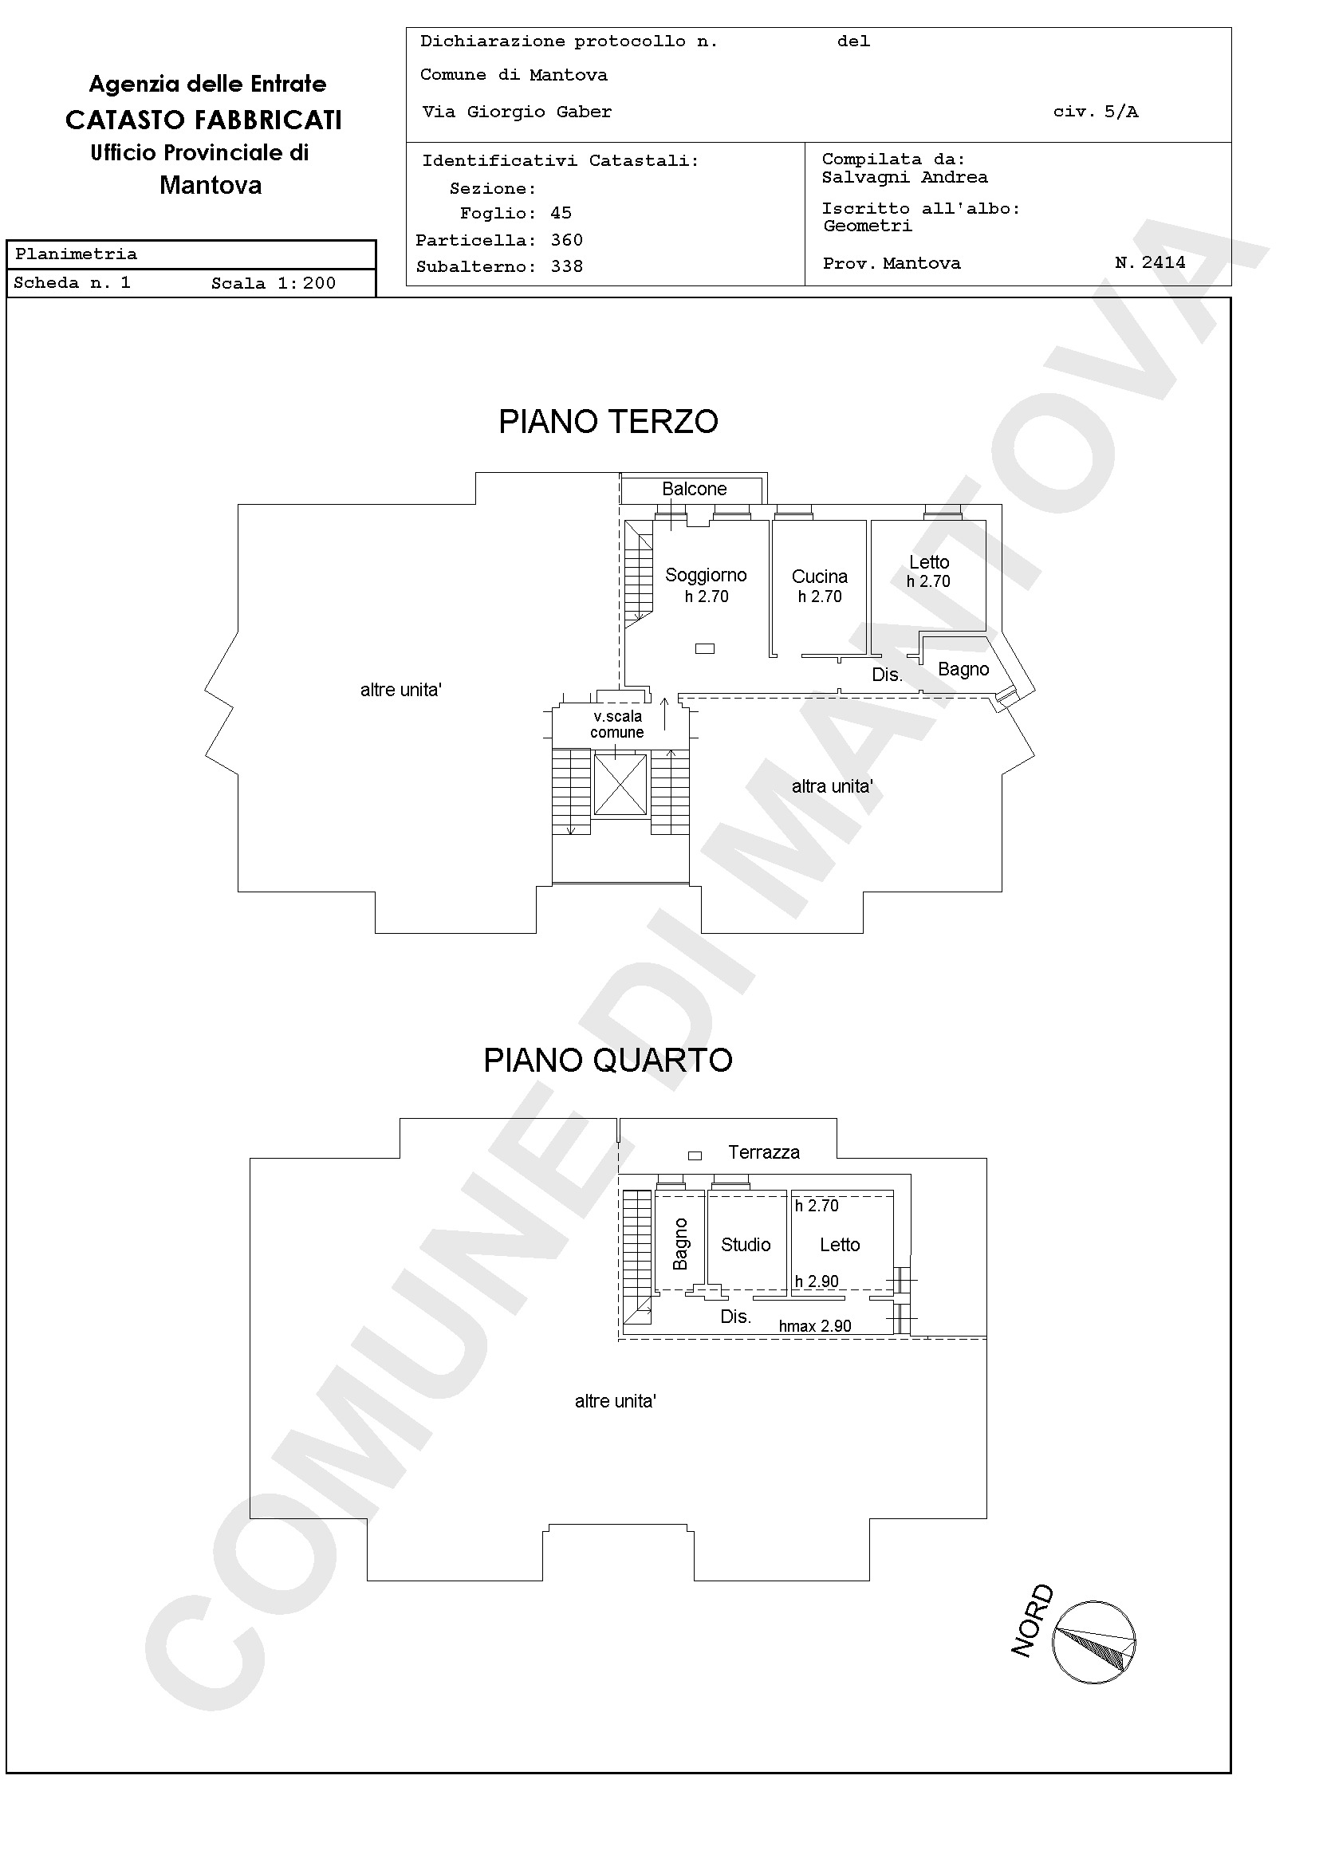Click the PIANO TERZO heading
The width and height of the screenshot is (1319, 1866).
tap(608, 422)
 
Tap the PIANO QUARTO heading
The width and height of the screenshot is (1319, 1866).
tap(608, 1061)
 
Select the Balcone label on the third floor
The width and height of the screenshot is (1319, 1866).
tap(694, 490)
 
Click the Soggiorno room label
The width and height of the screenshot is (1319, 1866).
tap(706, 576)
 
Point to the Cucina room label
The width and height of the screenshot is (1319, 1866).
tap(819, 577)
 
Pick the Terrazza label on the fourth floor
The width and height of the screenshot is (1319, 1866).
tap(764, 1152)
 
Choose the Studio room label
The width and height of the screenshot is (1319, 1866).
tap(746, 1245)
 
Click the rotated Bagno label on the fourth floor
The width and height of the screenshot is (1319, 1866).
tap(680, 1244)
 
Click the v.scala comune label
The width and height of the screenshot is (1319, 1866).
tap(618, 724)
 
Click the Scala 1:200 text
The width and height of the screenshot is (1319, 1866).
tap(273, 284)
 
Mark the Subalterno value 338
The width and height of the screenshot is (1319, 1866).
tap(566, 266)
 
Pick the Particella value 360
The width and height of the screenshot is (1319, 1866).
tap(566, 241)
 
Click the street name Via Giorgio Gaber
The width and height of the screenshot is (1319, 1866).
tap(517, 112)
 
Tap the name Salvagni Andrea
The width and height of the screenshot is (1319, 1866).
tap(904, 177)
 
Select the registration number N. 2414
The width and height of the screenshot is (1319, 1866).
tap(1150, 262)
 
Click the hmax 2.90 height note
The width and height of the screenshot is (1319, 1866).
tap(815, 1326)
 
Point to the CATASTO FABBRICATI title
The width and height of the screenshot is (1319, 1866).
tap(204, 120)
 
